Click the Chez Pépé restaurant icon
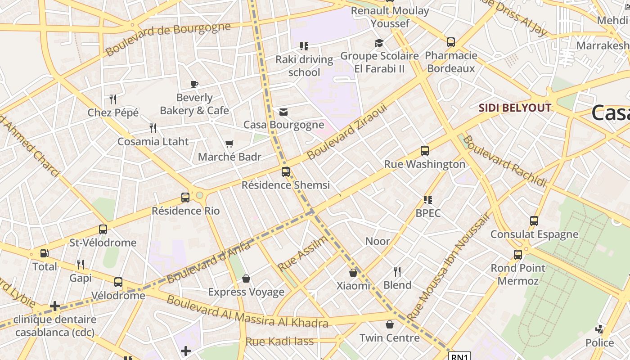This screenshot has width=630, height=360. point(113,99)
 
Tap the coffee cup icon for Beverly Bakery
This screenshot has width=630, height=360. point(194,84)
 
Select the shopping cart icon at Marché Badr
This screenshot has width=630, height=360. point(229,144)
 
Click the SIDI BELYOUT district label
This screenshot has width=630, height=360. point(515,108)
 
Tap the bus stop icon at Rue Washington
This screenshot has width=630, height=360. point(424,151)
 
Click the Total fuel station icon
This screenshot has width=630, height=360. point(44,253)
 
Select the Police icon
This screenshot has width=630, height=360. point(599,329)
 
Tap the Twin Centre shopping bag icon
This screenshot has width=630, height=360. point(390,324)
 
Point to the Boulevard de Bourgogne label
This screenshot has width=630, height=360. point(168,39)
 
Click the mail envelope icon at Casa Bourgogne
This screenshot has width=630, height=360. point(283,112)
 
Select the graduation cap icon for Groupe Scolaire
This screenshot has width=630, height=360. point(379,43)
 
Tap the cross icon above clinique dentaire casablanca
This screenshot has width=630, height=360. point(55,306)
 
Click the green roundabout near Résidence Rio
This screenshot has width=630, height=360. point(200,196)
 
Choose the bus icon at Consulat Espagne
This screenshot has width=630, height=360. point(534,221)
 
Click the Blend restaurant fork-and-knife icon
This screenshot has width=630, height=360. point(397,271)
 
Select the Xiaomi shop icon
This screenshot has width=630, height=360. point(353,273)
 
